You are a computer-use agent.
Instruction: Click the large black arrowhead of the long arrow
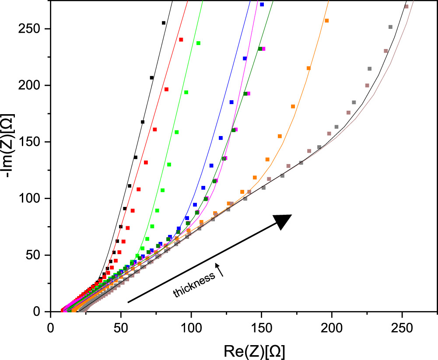[282, 221]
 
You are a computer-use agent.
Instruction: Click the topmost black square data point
[164, 23]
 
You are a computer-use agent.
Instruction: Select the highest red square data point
[181, 40]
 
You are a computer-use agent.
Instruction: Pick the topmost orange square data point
[326, 21]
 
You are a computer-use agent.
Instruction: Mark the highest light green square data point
[198, 43]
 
